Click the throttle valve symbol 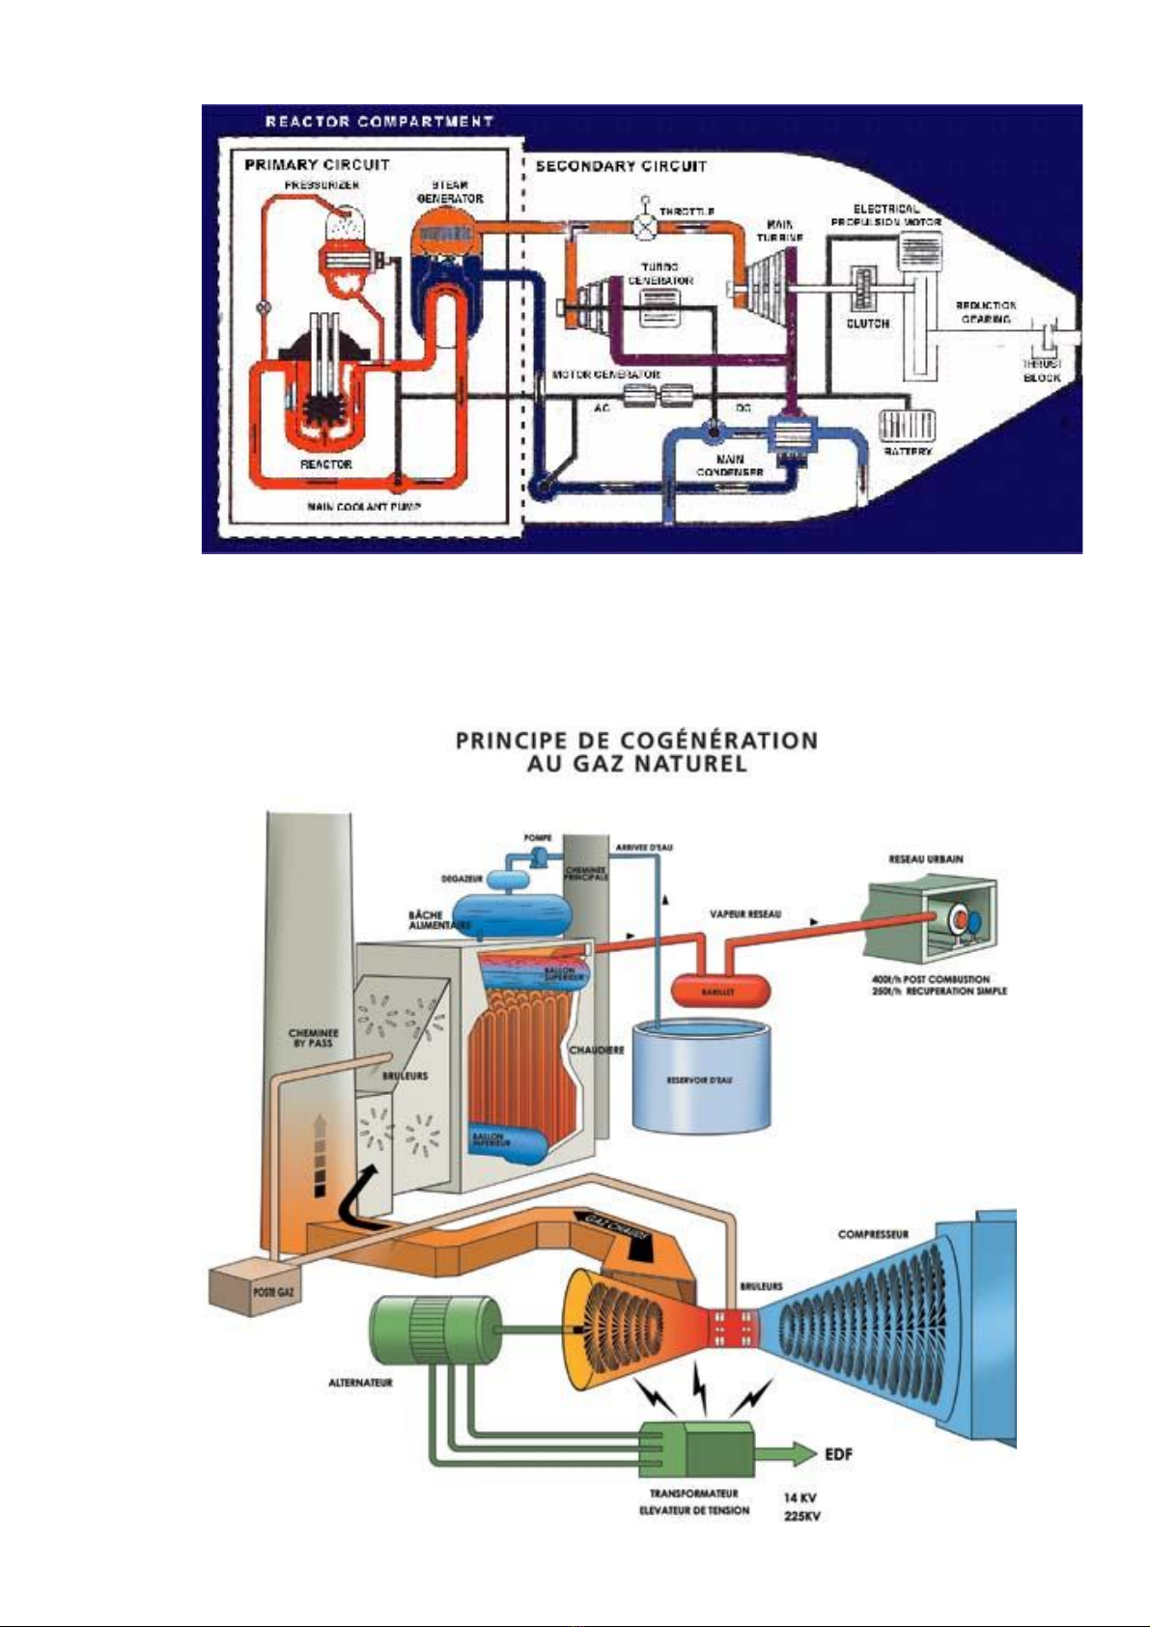[x=643, y=225]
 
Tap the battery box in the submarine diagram [x=908, y=425]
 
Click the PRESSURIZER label [x=322, y=183]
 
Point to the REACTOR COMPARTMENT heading [x=379, y=122]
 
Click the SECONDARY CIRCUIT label [x=621, y=166]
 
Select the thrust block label [x=1042, y=371]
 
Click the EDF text [x=838, y=1454]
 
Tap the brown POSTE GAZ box [x=252, y=1289]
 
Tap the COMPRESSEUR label [x=873, y=1234]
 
